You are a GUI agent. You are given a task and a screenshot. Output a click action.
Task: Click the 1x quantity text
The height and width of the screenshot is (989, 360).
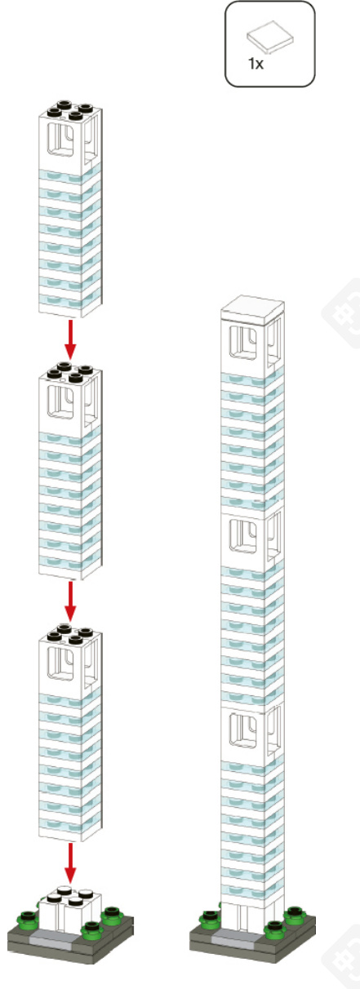(256, 64)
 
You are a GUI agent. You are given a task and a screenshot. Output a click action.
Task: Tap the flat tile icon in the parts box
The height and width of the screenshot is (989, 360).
(270, 36)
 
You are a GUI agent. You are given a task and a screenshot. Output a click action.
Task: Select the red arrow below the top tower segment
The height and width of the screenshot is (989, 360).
(69, 339)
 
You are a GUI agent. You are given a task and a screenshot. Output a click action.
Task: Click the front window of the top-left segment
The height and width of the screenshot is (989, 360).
(61, 139)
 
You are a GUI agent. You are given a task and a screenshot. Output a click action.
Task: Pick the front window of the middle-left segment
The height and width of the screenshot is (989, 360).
(61, 401)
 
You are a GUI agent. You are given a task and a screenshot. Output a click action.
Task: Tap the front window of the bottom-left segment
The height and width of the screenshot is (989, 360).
(61, 663)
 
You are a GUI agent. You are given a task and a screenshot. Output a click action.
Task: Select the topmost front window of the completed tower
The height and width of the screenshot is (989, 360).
(243, 343)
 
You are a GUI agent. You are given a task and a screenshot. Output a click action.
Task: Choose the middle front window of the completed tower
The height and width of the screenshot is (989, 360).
(243, 536)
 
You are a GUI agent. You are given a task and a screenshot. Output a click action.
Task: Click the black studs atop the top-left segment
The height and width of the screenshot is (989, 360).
(71, 109)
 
